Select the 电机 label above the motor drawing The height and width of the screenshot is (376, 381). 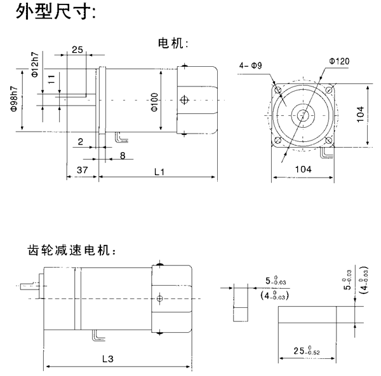173,44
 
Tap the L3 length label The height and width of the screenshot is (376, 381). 107,359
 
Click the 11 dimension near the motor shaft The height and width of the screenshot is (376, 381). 51,80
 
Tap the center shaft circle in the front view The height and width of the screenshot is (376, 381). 303,115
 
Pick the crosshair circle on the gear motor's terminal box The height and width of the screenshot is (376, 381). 160,297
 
